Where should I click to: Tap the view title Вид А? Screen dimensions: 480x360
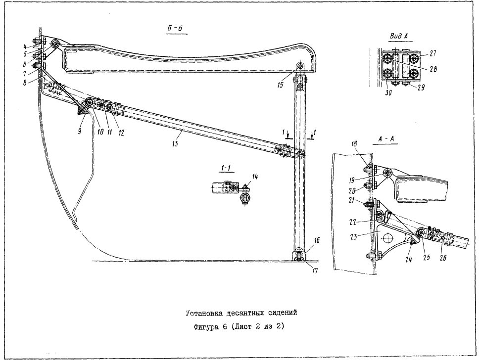pyautogui.click(x=399, y=36)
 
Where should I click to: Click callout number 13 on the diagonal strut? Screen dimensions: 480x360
pyautogui.click(x=175, y=143)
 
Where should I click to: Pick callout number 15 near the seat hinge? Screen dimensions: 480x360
pyautogui.click(x=281, y=85)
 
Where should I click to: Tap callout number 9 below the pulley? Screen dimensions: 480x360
pyautogui.click(x=80, y=132)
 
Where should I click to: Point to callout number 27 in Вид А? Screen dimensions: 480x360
pyautogui.click(x=432, y=53)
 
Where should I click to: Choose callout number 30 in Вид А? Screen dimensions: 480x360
pyautogui.click(x=388, y=93)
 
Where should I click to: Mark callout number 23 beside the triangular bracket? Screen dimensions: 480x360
pyautogui.click(x=354, y=237)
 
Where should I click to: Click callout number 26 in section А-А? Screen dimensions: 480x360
pyautogui.click(x=443, y=258)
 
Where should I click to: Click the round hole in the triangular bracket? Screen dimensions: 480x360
pyautogui.click(x=387, y=237)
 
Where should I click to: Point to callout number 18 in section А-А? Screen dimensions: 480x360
pyautogui.click(x=354, y=144)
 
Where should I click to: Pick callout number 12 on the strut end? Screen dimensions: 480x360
pyautogui.click(x=121, y=133)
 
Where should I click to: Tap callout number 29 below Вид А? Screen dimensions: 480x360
pyautogui.click(x=421, y=88)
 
